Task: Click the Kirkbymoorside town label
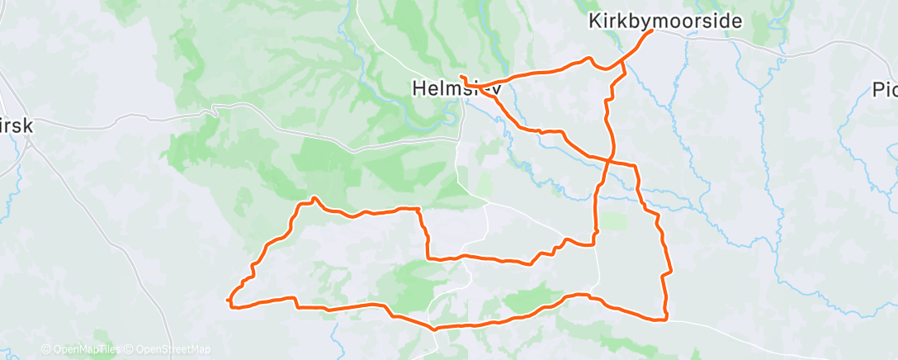[665, 21]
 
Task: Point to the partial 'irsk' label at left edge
[15, 114]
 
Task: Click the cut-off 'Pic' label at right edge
[885, 90]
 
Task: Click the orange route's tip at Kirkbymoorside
[652, 31]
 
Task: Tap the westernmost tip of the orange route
[227, 300]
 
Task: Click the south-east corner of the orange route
[664, 319]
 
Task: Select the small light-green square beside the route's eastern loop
[612, 221]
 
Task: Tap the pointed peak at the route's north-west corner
[314, 198]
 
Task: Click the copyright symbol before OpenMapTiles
[46, 349]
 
